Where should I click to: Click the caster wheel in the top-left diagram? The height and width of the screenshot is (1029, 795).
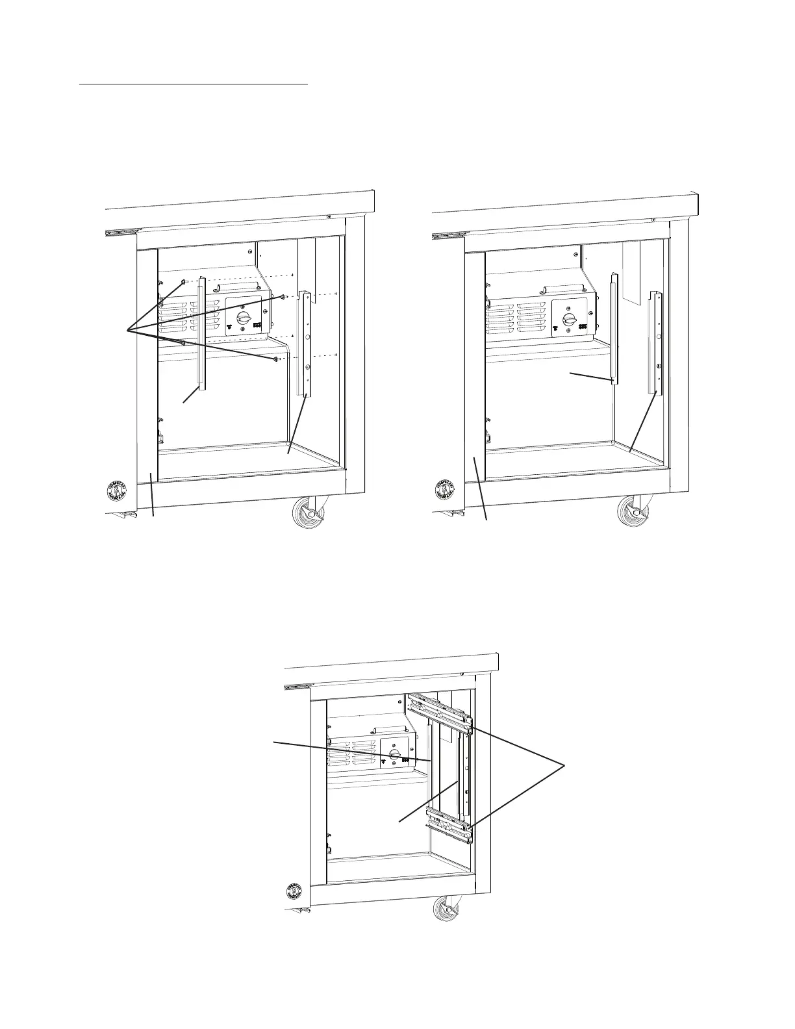310,511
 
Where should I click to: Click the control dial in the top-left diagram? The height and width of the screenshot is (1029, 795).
244,318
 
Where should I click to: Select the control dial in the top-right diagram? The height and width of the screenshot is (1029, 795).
570,319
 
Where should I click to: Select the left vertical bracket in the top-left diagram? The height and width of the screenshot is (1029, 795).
202,335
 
